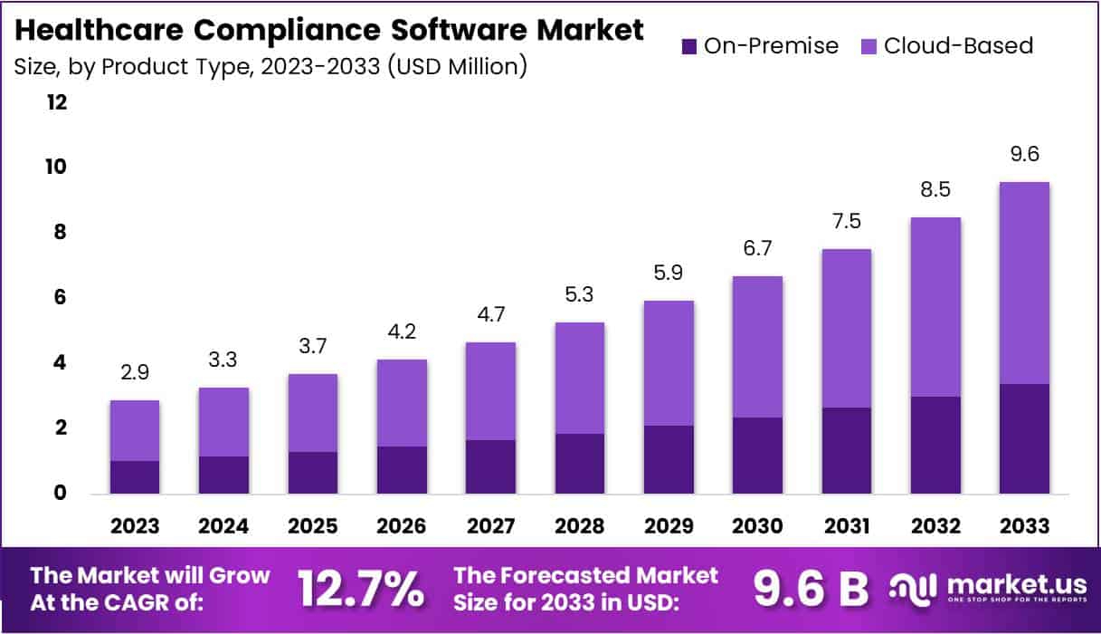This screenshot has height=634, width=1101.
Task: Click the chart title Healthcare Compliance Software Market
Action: pos(330,29)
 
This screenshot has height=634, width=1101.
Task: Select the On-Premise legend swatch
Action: pos(688,46)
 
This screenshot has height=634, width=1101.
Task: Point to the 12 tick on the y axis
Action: pos(57,102)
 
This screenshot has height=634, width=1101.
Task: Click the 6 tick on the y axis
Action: pos(60,298)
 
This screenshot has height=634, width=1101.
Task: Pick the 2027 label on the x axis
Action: pos(490,526)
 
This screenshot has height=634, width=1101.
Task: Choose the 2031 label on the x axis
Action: pos(846,526)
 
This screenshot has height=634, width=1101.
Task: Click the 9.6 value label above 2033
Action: pos(1024,155)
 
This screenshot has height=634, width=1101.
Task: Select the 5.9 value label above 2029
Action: pos(669,273)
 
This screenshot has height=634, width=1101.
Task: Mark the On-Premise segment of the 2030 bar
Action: pos(757,456)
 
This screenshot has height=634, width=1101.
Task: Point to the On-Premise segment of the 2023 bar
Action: pos(135,477)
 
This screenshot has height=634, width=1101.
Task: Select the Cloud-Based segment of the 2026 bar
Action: pos(402,403)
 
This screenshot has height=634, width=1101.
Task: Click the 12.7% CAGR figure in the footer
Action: pos(361,590)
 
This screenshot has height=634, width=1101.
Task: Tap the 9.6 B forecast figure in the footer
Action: pos(811,590)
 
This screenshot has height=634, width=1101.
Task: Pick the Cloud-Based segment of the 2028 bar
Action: pos(579,378)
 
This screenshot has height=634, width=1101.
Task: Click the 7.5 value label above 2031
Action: pos(846,222)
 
